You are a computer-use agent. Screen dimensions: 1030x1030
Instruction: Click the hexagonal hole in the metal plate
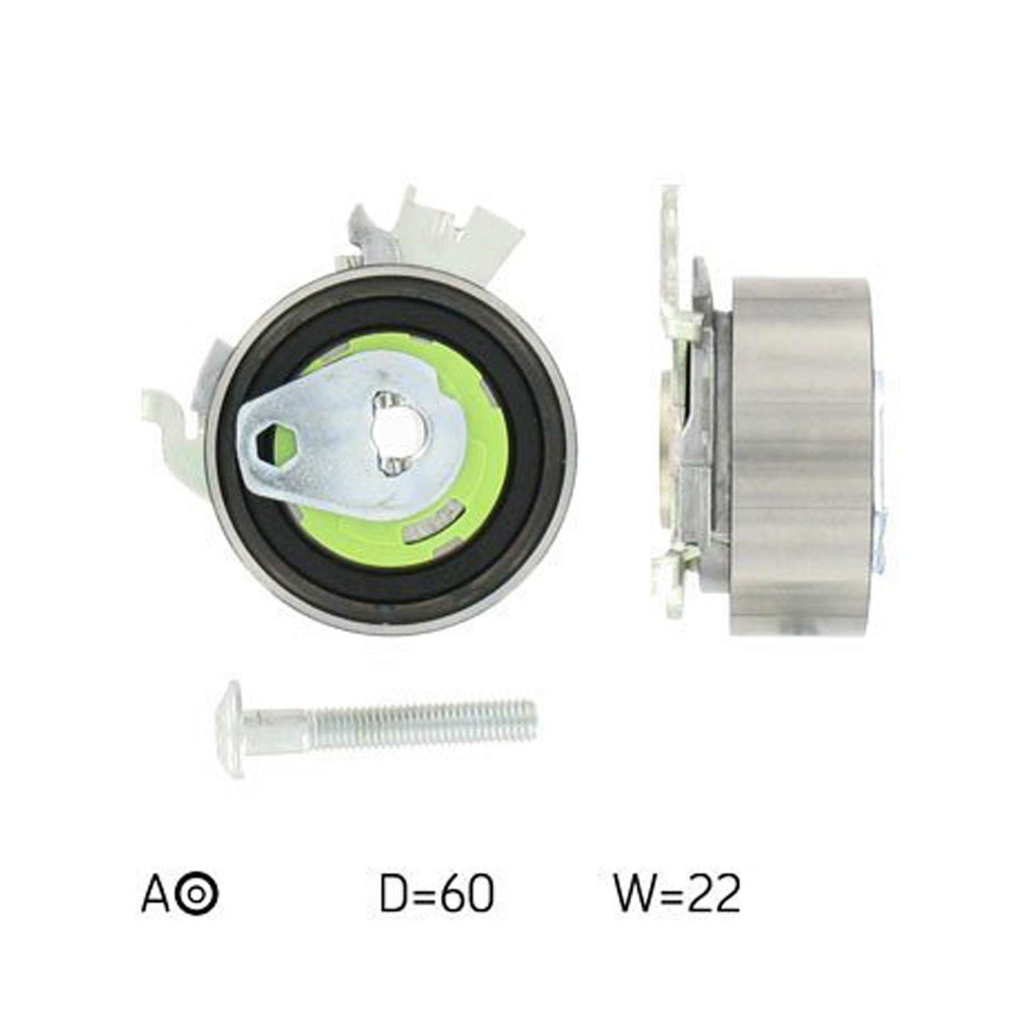click(x=276, y=444)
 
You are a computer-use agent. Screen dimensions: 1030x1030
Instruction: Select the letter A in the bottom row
click(x=154, y=893)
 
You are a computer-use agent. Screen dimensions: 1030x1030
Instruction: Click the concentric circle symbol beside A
click(x=197, y=894)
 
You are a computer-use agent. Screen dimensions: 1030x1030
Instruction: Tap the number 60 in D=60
click(x=471, y=893)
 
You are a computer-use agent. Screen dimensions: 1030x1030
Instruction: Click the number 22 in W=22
click(x=717, y=893)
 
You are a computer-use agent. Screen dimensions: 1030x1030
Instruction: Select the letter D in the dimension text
click(x=394, y=893)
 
